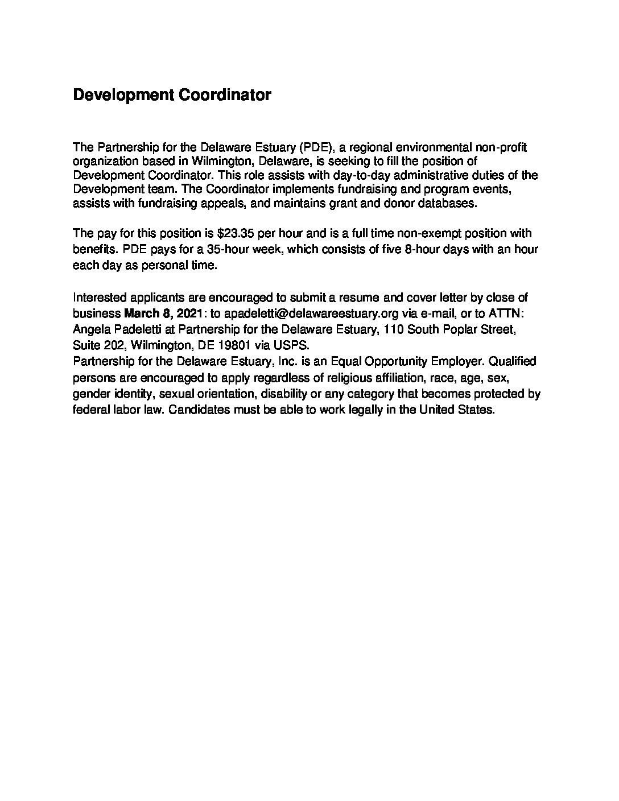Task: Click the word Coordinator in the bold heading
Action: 225,95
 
